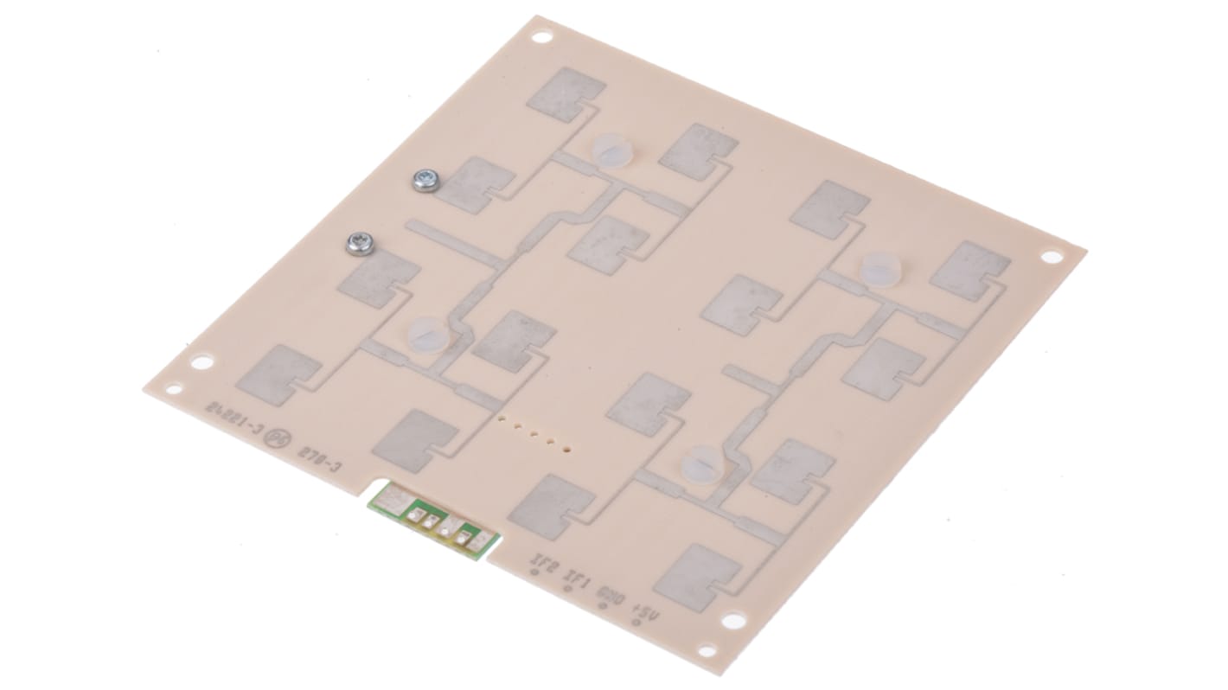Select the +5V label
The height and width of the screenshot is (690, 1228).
click(645, 613)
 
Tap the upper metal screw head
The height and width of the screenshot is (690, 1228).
click(425, 180)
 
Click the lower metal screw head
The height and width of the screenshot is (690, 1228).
click(360, 244)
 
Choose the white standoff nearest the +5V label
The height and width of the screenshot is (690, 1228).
click(702, 463)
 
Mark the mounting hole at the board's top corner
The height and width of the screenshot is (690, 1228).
click(542, 37)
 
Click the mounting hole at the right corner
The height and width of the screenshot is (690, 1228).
click(1051, 257)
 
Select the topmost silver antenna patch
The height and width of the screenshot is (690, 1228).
click(566, 93)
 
